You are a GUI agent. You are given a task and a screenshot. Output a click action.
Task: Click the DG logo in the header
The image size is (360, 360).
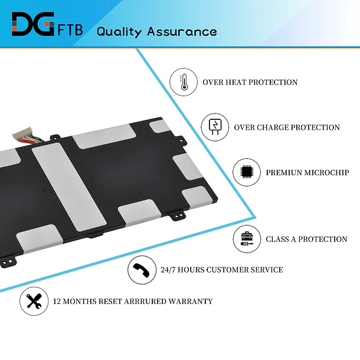click(x=33, y=24)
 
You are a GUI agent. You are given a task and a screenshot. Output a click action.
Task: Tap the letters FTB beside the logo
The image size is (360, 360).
click(x=70, y=30)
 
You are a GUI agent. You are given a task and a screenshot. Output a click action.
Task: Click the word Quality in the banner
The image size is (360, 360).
click(x=119, y=32)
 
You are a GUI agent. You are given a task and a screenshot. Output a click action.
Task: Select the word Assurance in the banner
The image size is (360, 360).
click(x=182, y=31)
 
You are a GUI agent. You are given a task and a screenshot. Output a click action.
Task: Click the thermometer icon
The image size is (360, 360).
click(x=184, y=82)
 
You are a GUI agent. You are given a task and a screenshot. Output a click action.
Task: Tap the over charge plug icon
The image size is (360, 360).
click(x=215, y=127)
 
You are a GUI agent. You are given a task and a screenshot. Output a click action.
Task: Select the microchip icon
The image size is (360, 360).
click(x=247, y=172)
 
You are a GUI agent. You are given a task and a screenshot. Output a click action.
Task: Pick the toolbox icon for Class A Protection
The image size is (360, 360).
click(x=247, y=239)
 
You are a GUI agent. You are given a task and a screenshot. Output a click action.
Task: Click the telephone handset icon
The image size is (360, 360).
click(x=142, y=270)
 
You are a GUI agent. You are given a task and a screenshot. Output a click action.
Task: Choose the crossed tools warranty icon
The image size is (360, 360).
click(x=34, y=301)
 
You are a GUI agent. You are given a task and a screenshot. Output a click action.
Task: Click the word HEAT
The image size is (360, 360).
click(x=236, y=82)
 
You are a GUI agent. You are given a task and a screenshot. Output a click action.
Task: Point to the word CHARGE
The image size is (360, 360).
click(x=272, y=127)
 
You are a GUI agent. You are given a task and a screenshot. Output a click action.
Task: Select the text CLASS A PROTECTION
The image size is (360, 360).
click(x=306, y=239)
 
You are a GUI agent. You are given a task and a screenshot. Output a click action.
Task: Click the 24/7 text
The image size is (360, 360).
click(x=168, y=270)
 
